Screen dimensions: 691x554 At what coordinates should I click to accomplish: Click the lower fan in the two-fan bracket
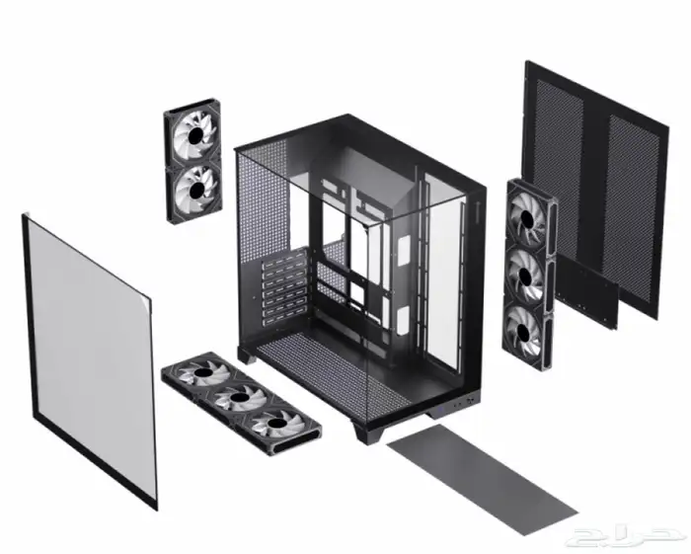193,190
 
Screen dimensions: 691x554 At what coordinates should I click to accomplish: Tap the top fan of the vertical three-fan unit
527,218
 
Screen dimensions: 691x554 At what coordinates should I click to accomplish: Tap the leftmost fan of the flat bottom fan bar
202,373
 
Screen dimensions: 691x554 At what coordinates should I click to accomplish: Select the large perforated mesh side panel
595,190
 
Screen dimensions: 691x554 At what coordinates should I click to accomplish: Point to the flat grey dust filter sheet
483,478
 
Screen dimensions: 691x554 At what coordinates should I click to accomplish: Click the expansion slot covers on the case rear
285,287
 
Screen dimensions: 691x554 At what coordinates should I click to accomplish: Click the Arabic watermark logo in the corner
628,535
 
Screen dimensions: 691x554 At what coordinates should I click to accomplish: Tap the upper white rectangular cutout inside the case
403,250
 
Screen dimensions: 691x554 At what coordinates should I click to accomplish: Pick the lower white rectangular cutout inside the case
403,321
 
